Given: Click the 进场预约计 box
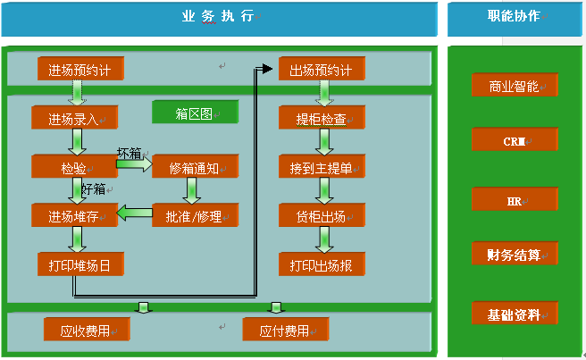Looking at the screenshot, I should click(x=80, y=70).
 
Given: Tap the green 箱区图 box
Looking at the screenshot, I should click(x=194, y=113).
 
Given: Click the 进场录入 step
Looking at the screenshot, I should click(x=74, y=118).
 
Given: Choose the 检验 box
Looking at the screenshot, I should click(x=74, y=166).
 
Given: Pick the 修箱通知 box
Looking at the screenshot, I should click(x=195, y=166).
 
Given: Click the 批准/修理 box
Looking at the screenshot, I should click(x=195, y=214).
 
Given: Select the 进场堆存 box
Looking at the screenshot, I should click(x=74, y=215).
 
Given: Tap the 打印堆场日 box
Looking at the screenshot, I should click(x=80, y=264).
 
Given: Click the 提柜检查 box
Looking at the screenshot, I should click(x=321, y=118).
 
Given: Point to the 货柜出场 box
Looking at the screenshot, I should click(x=321, y=215).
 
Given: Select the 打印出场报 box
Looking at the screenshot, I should click(x=321, y=264).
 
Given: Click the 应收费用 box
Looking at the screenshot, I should click(x=86, y=331).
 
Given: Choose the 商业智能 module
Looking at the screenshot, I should click(x=514, y=86).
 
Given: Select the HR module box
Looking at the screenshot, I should click(x=514, y=200).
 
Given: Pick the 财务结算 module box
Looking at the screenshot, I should click(x=514, y=255).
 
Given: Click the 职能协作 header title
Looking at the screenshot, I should click(x=514, y=16).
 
